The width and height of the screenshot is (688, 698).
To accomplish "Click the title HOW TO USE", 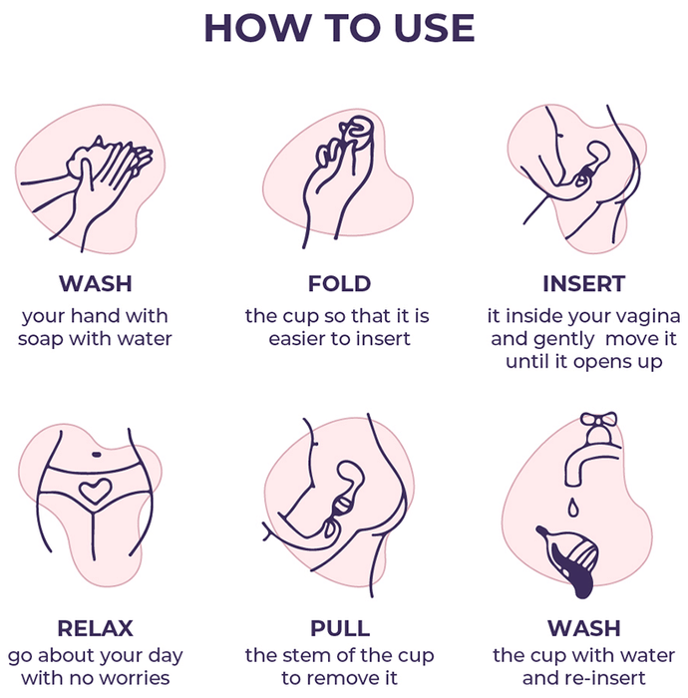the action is point(340,28).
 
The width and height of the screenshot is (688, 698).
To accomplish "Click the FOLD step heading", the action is point(340,283).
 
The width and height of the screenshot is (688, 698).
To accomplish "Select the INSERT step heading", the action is point(584,283).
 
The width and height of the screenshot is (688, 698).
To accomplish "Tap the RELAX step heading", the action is point(96,628).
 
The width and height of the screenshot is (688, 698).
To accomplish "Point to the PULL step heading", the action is point(340,628).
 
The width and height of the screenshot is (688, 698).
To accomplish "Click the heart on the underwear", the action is point(95,491).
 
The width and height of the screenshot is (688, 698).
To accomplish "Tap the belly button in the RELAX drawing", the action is point(96,455).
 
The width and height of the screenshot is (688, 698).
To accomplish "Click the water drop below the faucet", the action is point(573,508).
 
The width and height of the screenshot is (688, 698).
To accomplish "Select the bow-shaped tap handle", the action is point(599,419).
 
